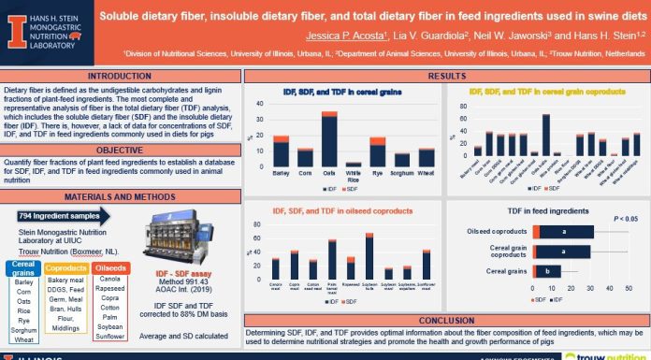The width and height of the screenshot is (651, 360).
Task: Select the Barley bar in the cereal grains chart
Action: [254, 151]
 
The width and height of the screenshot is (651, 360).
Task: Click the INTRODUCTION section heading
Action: [121, 76]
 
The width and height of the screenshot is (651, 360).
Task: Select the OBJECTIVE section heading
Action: [121, 149]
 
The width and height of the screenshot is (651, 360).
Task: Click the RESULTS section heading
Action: [444, 76]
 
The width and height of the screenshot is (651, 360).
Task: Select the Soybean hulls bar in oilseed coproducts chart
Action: [369, 258]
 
